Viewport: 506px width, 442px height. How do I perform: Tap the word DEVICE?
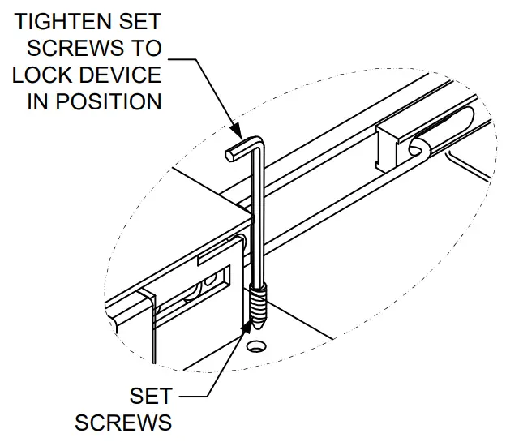(x=121, y=75)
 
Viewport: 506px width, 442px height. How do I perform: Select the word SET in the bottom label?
(x=150, y=396)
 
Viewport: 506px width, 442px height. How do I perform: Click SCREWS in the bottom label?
(x=123, y=423)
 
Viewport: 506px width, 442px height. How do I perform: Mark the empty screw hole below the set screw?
(x=256, y=346)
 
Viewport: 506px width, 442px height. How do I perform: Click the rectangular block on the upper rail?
(x=397, y=146)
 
